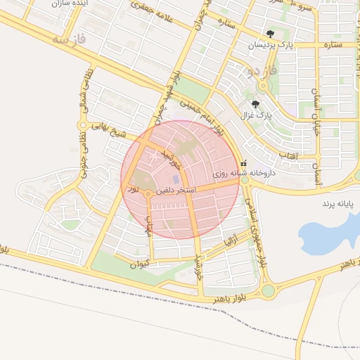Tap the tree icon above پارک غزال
click(x=255, y=103)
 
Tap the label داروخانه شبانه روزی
click(x=243, y=172)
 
